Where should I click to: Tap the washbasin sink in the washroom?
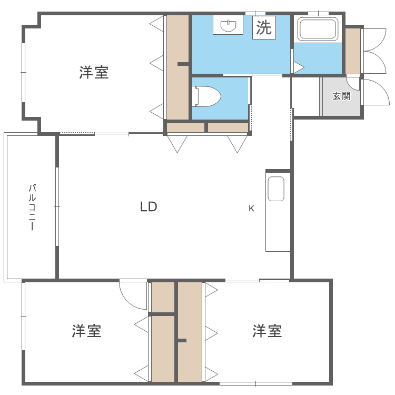click(228, 25)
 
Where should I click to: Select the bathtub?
click(318, 29)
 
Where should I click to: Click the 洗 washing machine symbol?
click(264, 27)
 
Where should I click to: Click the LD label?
click(149, 207)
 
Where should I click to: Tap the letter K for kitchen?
click(251, 208)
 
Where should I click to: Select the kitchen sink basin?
click(276, 189)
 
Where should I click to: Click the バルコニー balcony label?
click(32, 207)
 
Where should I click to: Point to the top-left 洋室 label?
click(94, 73)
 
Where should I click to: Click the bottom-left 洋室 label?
click(87, 331)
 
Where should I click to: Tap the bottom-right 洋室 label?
click(267, 331)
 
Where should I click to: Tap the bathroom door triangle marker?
click(298, 67)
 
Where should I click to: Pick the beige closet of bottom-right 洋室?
click(190, 332)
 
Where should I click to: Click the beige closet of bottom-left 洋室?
click(163, 348)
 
